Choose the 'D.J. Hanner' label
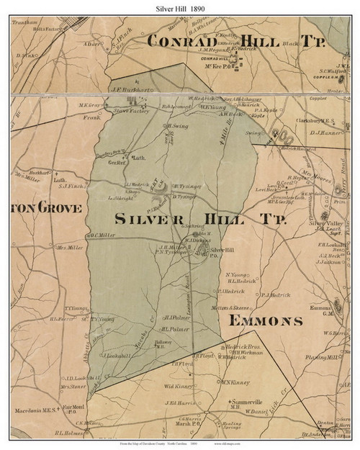(x=325, y=132)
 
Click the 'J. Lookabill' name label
(x=117, y=356)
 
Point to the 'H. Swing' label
(x=177, y=125)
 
